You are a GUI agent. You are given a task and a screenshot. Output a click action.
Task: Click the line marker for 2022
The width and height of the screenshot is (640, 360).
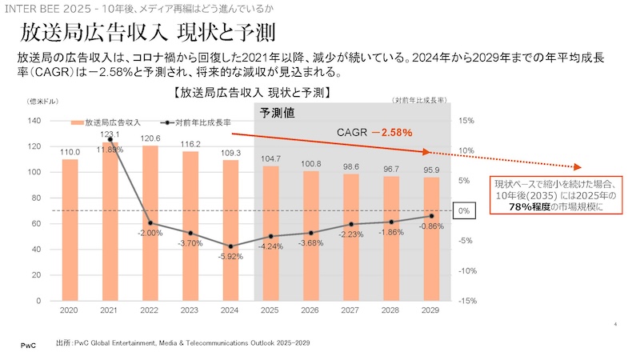150,222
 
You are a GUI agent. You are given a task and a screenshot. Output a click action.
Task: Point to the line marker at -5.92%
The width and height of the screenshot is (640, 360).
230,246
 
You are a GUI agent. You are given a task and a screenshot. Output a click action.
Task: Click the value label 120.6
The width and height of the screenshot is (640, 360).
150,138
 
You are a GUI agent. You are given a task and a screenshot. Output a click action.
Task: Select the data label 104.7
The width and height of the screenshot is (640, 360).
271,158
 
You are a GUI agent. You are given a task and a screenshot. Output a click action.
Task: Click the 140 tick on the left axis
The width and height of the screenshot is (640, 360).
34,121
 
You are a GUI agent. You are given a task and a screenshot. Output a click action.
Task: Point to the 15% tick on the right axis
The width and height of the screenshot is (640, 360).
468,121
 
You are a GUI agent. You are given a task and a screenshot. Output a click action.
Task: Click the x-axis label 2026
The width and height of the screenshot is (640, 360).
311,310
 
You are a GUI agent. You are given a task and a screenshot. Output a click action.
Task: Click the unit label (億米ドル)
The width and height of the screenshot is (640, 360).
39,101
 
